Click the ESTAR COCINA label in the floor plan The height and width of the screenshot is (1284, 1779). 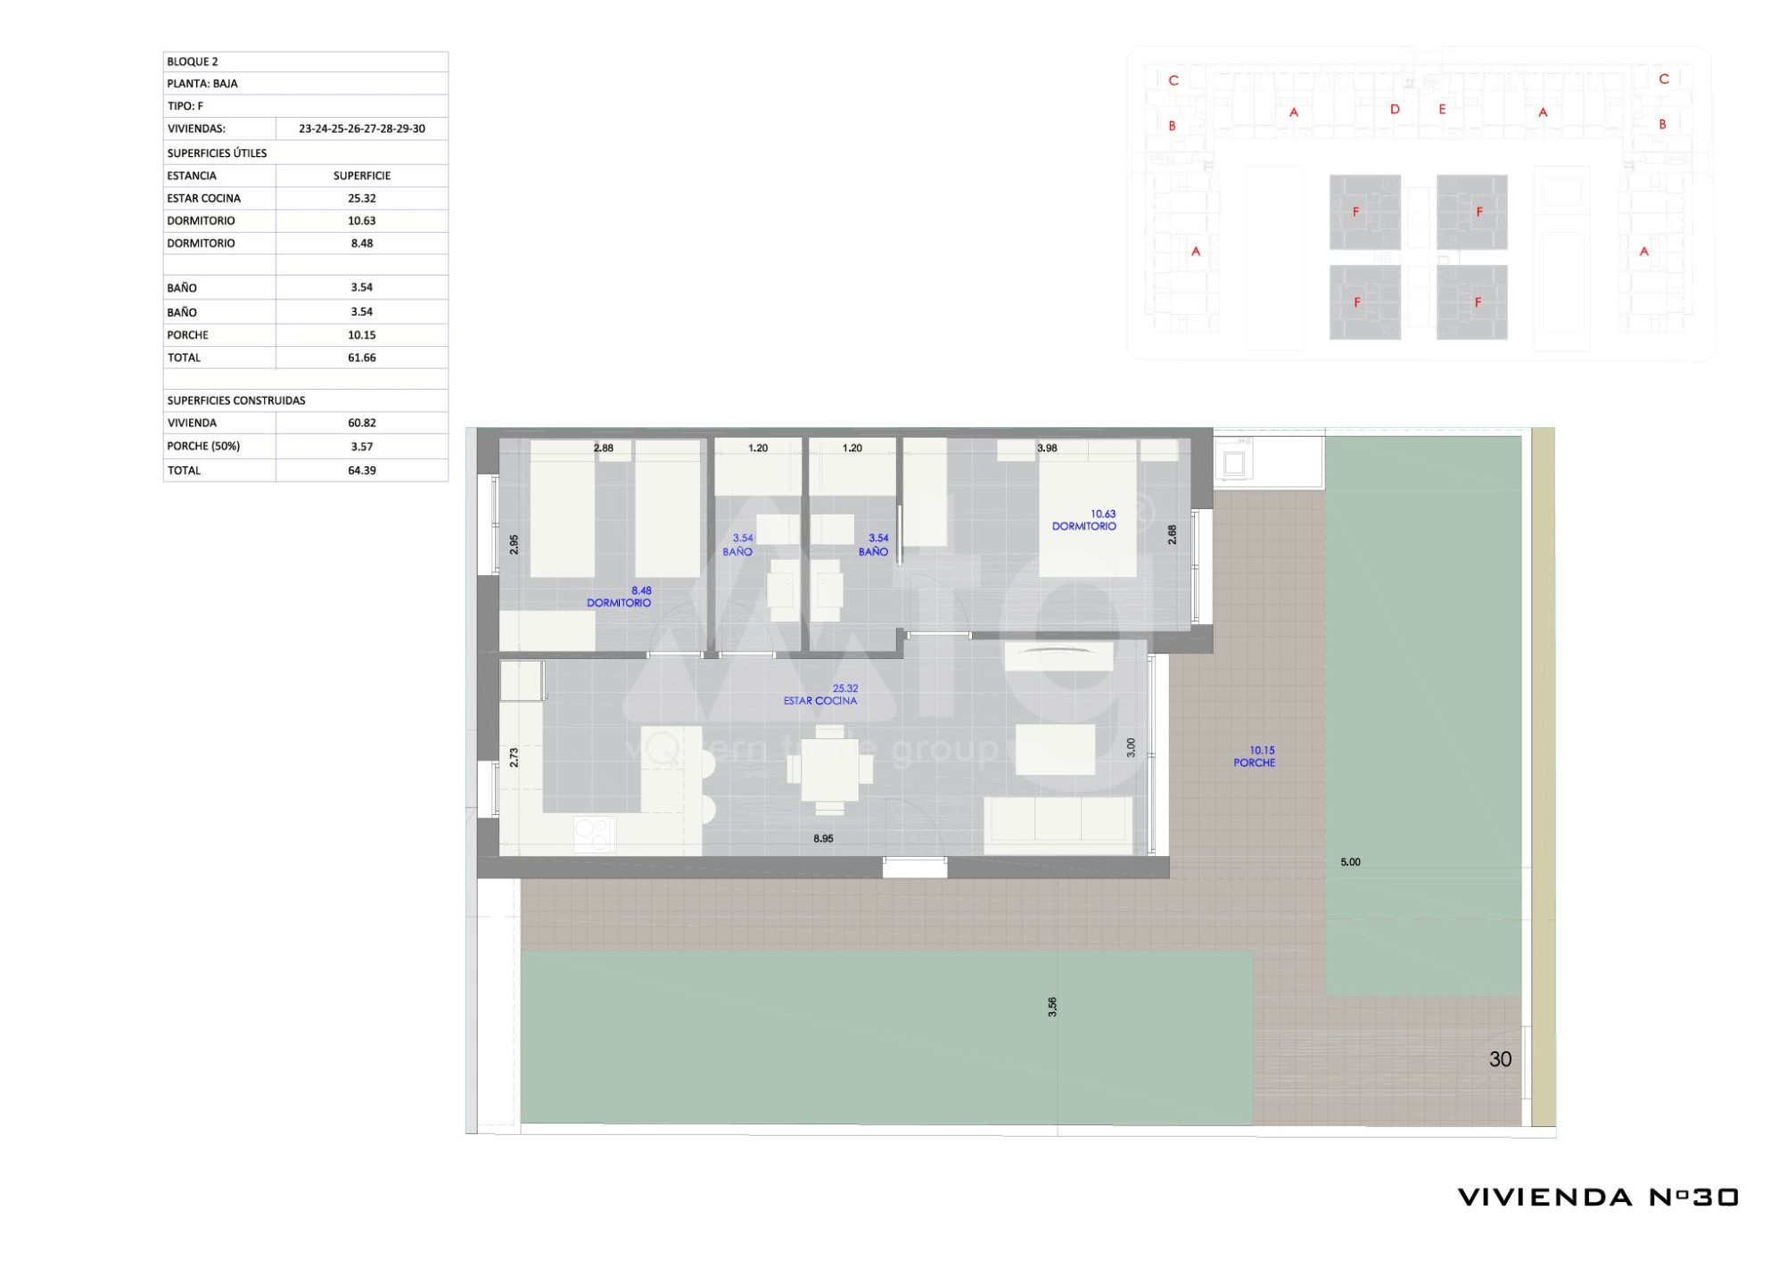820,701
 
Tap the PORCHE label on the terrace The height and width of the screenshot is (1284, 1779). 1254,763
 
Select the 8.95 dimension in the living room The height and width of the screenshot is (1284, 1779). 823,839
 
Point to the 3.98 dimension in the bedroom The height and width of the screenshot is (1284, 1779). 1047,449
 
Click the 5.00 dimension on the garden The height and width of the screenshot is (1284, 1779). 1350,862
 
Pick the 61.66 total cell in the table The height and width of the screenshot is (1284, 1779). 362,358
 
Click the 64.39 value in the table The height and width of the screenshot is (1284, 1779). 362,471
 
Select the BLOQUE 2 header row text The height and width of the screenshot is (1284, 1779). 193,62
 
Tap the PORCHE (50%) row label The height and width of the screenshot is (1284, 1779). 203,447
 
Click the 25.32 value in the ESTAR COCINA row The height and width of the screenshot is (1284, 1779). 362,199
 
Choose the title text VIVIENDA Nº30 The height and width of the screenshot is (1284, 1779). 1598,1198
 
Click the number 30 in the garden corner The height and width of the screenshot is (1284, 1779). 1501,1059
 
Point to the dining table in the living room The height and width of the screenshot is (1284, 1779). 829,770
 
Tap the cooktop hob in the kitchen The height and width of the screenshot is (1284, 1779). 594,835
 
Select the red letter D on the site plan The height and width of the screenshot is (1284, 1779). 1395,110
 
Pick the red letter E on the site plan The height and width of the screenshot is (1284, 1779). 1442,110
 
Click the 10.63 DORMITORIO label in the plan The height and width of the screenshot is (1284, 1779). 1084,521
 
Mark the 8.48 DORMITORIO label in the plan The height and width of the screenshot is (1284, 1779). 619,597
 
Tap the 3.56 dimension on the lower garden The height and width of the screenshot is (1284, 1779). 1052,1007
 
